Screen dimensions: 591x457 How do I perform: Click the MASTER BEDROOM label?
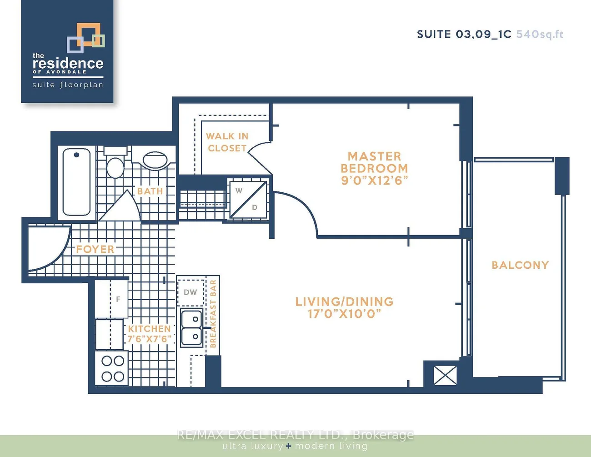click(x=375, y=162)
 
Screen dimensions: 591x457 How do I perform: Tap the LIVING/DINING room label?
click(x=344, y=301)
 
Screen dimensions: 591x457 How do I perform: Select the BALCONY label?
click(x=520, y=265)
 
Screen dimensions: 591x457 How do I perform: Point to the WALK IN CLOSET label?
click(x=227, y=142)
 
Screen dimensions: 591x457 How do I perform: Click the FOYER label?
click(x=95, y=249)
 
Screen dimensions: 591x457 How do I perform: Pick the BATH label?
click(x=150, y=191)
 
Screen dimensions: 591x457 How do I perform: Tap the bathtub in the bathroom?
click(x=76, y=182)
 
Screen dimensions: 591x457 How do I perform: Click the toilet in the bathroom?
click(x=115, y=163)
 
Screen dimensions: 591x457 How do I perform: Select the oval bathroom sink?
click(x=155, y=161)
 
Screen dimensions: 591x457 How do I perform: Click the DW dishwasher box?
click(x=190, y=292)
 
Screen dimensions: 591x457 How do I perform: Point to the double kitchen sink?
click(x=192, y=328)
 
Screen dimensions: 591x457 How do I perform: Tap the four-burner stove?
click(x=111, y=369)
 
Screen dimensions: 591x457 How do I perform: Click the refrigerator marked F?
click(x=111, y=299)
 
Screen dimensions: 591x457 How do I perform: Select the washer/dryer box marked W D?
click(x=248, y=199)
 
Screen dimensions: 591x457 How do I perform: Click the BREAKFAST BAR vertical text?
click(x=213, y=314)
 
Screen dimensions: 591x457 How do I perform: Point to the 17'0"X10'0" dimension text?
click(x=344, y=314)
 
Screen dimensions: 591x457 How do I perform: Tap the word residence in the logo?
click(x=68, y=63)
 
